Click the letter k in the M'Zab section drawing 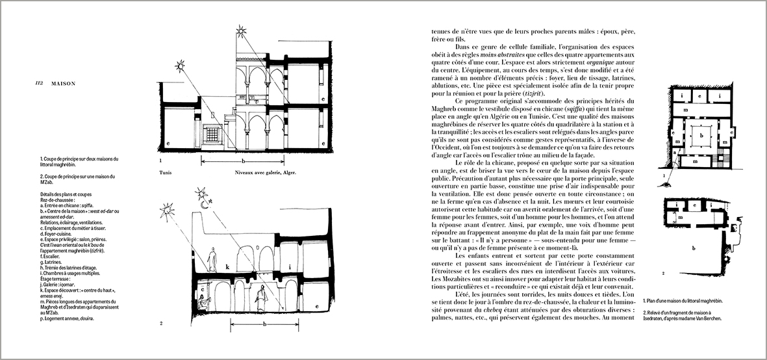tap(227, 266)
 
